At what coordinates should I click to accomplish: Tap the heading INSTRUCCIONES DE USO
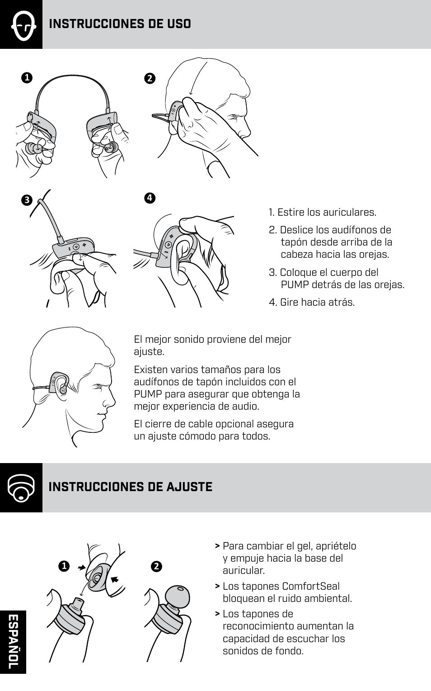pos(120,24)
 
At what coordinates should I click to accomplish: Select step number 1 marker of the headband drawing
pos(27,78)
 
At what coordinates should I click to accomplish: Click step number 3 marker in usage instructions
pos(27,200)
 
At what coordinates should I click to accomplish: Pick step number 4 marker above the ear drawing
pos(150,198)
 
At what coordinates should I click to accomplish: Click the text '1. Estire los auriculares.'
pos(322,212)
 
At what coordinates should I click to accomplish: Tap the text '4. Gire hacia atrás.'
pos(312,302)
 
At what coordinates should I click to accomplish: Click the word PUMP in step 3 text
pos(295,284)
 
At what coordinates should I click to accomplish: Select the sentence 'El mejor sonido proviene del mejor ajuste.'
pos(212,345)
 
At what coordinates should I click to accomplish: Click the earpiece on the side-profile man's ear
pos(62,388)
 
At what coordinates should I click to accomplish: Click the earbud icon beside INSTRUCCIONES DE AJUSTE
pos(21,488)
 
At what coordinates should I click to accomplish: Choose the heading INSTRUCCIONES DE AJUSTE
pos(130,487)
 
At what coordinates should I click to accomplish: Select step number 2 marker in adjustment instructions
pos(157,566)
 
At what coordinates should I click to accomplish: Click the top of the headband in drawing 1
pos(72,77)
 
